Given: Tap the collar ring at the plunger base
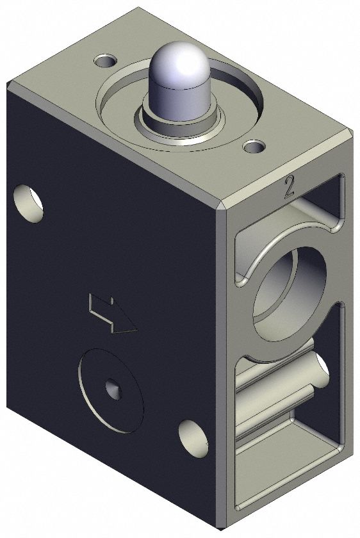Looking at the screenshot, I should [179, 122].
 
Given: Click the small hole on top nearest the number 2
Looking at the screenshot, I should [254, 148].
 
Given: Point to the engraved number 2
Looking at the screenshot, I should [289, 186].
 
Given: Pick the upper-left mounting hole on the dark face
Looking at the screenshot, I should [28, 202].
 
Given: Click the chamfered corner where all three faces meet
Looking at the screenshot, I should [222, 206].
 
